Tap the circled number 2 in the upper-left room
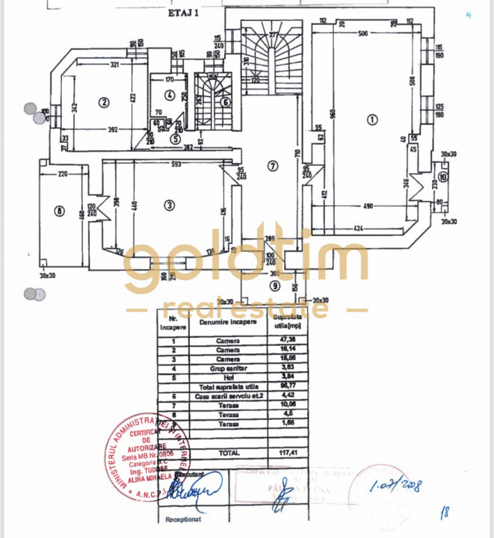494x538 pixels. click(x=105, y=102)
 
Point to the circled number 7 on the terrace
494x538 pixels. click(x=274, y=166)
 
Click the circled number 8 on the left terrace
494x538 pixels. click(x=60, y=211)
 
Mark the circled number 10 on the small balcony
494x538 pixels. click(x=444, y=177)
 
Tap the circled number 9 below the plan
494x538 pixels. click(x=275, y=285)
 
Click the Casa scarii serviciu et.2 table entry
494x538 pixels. click(x=229, y=396)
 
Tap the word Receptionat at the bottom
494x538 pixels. click(x=180, y=517)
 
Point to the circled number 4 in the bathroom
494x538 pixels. click(x=170, y=95)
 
